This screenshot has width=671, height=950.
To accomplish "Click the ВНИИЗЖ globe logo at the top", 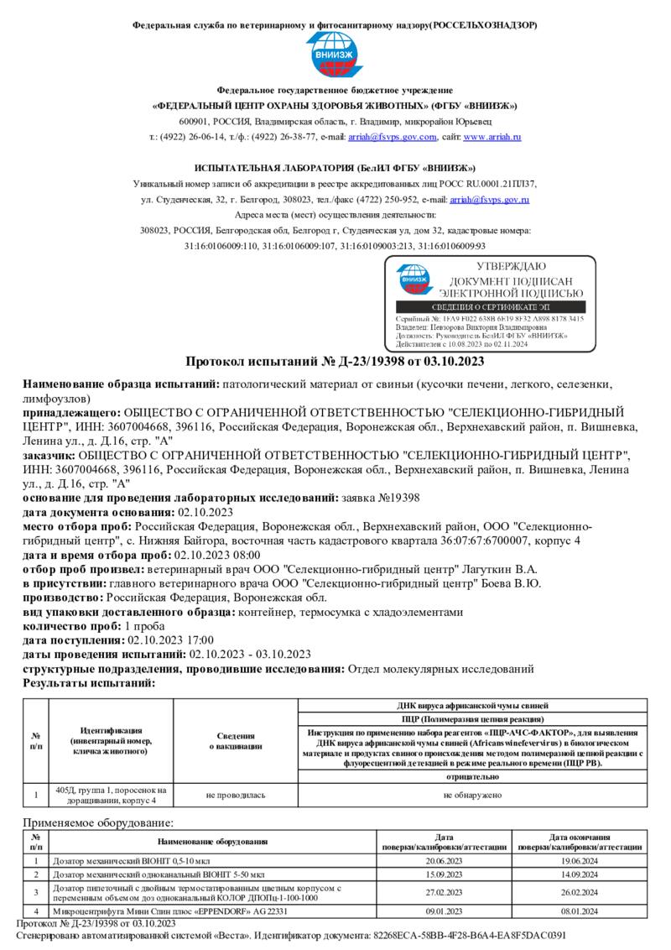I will pyautogui.click(x=335, y=54).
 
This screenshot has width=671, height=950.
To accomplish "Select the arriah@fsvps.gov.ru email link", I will pyautogui.click(x=489, y=200).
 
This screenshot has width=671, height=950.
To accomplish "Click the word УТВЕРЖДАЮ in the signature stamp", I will pyautogui.click(x=512, y=266).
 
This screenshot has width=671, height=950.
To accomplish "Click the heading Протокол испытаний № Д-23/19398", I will pyautogui.click(x=335, y=362).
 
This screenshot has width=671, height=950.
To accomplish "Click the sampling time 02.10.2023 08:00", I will pyautogui.click(x=216, y=555).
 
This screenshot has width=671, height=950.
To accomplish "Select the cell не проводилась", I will pyautogui.click(x=236, y=794).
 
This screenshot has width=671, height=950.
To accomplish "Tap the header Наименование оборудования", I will pyautogui.click(x=212, y=841).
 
